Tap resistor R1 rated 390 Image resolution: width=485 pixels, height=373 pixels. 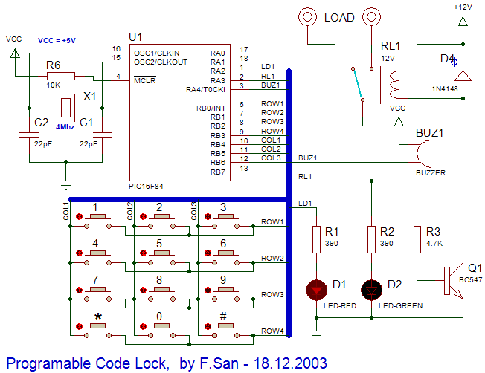318,240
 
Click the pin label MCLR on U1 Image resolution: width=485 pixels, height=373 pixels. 144,80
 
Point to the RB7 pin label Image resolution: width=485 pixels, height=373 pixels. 217,172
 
